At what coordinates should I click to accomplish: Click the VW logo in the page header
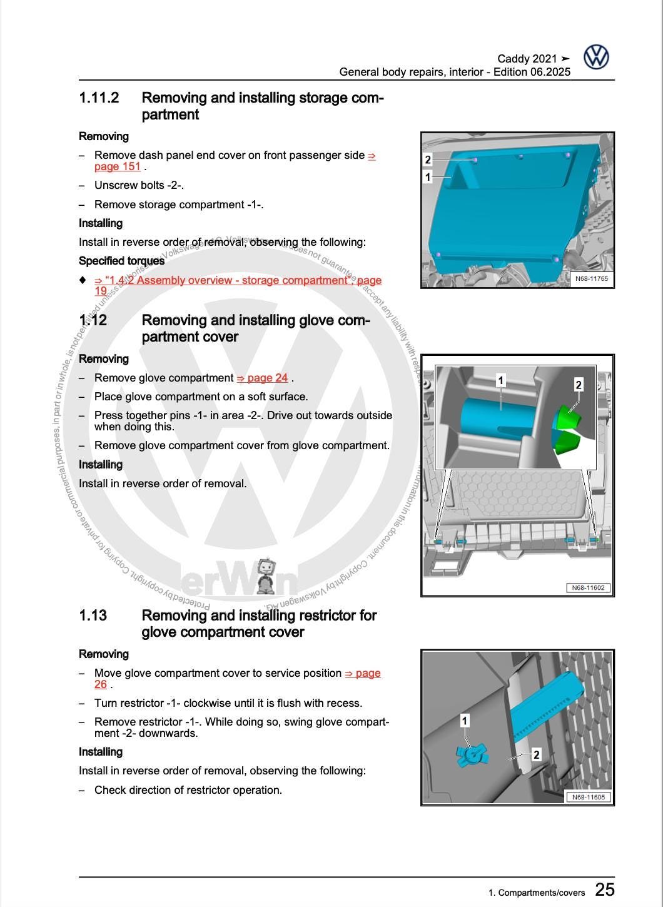[596, 57]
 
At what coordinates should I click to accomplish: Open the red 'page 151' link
[118, 166]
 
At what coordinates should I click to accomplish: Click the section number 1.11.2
[99, 98]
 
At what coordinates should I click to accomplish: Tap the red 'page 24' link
[263, 378]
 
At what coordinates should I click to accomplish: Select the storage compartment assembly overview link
[238, 281]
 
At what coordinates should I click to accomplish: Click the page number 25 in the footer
[604, 889]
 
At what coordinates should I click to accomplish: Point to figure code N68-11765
[591, 278]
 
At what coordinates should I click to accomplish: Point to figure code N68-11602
[588, 588]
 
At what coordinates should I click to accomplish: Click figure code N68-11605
[588, 797]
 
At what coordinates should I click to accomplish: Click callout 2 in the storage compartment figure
[428, 160]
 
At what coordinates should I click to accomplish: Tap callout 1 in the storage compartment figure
[428, 177]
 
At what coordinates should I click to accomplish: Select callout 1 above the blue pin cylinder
[500, 380]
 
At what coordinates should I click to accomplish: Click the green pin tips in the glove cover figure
[567, 429]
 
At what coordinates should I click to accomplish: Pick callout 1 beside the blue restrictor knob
[464, 721]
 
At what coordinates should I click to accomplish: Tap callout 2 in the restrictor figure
[536, 755]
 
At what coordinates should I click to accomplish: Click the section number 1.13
[93, 616]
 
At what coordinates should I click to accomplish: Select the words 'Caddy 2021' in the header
[527, 59]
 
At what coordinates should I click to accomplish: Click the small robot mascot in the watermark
[266, 576]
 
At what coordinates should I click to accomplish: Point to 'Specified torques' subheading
[121, 261]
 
